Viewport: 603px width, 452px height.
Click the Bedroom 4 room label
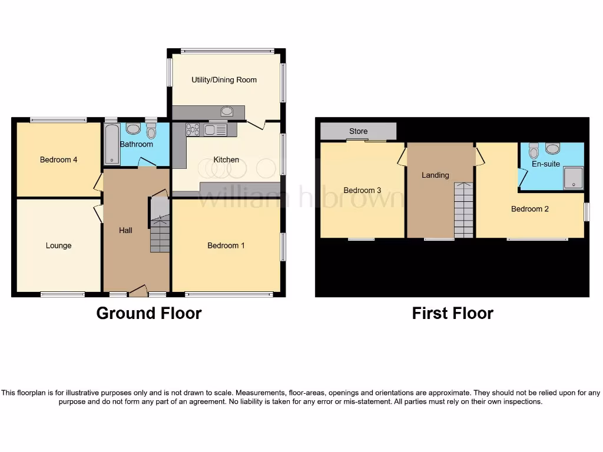coord(58,159)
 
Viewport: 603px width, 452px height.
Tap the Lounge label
coord(58,245)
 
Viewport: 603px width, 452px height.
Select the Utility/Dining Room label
coord(224,79)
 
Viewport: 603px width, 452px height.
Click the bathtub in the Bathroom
coord(111,144)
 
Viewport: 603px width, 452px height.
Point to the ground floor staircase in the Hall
coord(159,233)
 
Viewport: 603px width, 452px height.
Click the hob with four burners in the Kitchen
coord(193,129)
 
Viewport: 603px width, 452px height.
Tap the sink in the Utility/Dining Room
coord(227,111)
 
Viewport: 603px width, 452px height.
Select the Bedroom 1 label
coord(226,245)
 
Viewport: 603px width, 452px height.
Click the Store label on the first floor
coord(358,131)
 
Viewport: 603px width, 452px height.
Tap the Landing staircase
coord(463,210)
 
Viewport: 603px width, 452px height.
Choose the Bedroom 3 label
coord(362,190)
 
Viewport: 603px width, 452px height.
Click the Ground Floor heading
coord(149,313)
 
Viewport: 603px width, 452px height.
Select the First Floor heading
coord(452,313)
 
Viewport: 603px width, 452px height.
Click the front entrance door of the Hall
coord(138,290)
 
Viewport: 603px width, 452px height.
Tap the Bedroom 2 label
coord(530,209)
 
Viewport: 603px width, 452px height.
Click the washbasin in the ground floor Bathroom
coord(133,129)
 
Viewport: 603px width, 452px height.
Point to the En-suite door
coord(522,177)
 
